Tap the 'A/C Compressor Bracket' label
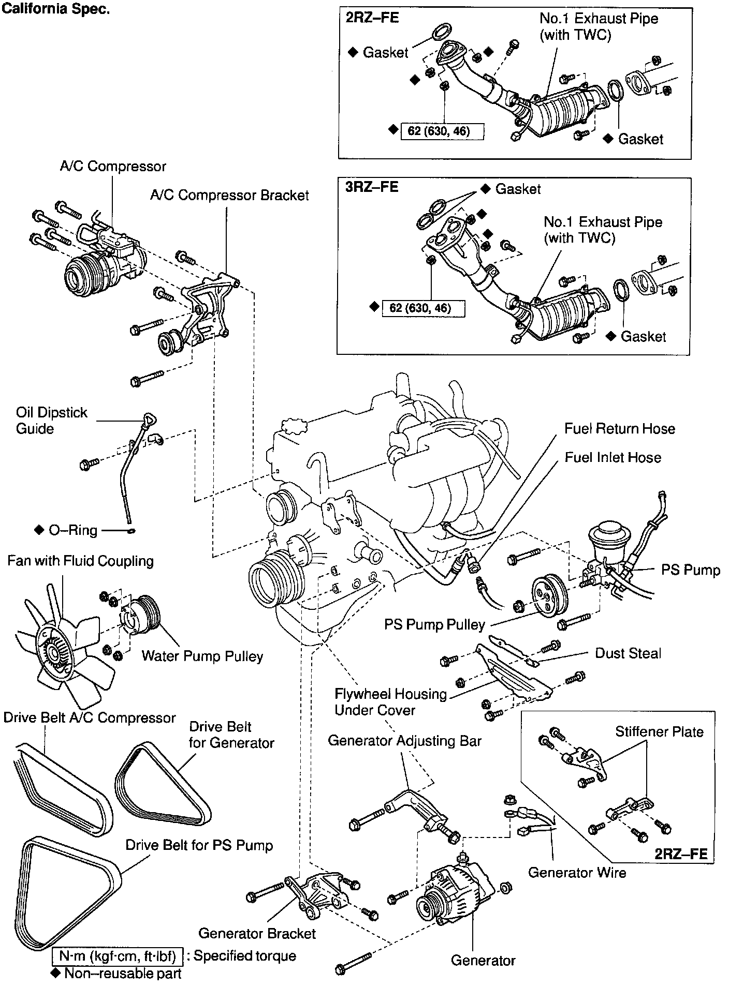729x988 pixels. tap(229, 196)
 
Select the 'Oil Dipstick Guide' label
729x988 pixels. tap(51, 421)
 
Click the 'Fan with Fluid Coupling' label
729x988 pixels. tap(80, 561)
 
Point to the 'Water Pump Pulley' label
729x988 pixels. tap(202, 656)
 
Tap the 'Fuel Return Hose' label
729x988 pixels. tap(620, 429)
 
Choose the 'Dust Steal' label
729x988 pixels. tap(628, 653)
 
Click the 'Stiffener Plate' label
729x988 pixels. tap(659, 732)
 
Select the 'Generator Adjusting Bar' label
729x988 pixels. tap(404, 741)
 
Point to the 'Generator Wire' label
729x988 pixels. tap(577, 873)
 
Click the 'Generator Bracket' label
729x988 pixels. tap(257, 933)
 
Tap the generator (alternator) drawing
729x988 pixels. tap(453, 897)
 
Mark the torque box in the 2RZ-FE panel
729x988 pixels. tap(442, 131)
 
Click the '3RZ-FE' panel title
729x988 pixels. tap(372, 187)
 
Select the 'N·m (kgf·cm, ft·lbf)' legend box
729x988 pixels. tap(118, 955)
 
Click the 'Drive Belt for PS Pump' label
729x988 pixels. tap(199, 846)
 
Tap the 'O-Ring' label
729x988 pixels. tap(72, 531)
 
